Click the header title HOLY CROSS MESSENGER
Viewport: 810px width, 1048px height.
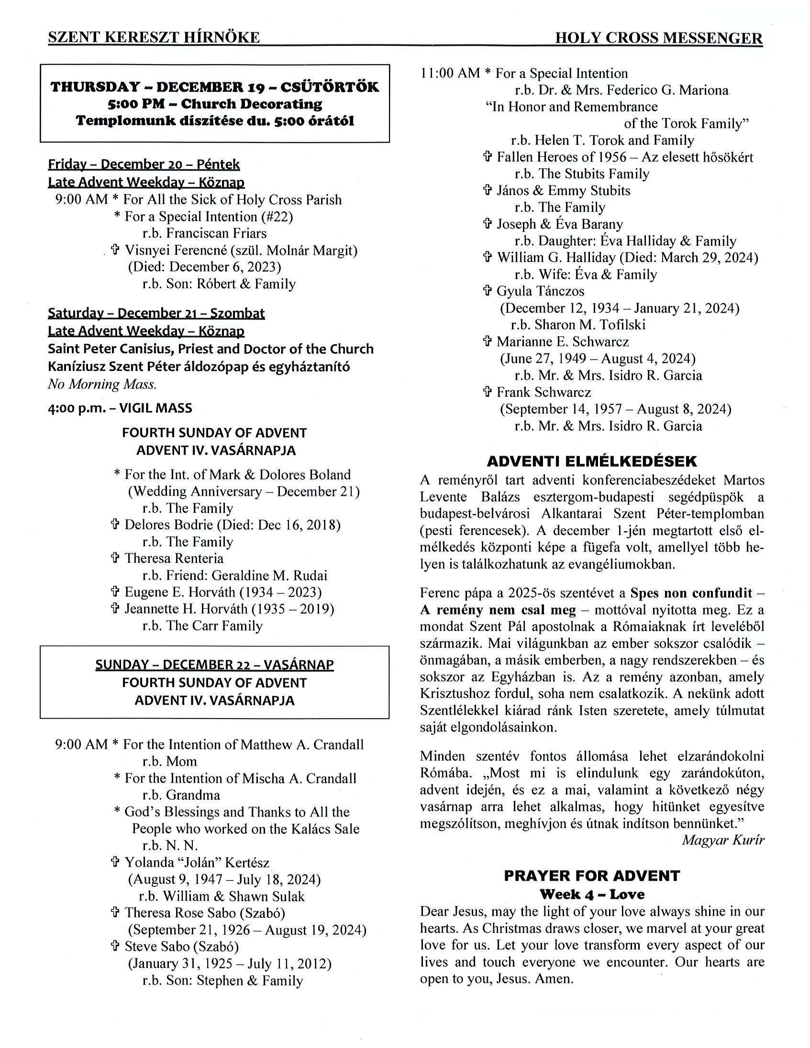658,38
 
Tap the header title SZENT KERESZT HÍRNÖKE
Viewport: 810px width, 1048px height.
154,37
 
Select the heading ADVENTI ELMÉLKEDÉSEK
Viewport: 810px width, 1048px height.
591,461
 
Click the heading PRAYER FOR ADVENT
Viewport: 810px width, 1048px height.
591,876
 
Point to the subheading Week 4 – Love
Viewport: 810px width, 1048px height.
591,895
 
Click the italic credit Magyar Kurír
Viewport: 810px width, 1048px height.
722,840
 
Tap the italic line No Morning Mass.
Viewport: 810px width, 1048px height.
102,384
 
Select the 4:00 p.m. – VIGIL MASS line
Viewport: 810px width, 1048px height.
120,408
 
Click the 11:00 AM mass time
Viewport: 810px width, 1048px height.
450,74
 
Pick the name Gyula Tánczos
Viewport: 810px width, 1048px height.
540,291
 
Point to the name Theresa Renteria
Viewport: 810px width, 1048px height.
174,558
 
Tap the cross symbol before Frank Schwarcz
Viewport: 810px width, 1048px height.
488,392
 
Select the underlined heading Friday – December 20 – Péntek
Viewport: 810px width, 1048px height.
144,164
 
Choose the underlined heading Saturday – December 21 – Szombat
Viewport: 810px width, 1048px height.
156,313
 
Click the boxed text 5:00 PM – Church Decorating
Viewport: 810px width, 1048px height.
215,104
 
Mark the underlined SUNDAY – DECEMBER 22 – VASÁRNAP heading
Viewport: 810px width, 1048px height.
214,665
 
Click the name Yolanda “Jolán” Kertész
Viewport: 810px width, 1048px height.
197,862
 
